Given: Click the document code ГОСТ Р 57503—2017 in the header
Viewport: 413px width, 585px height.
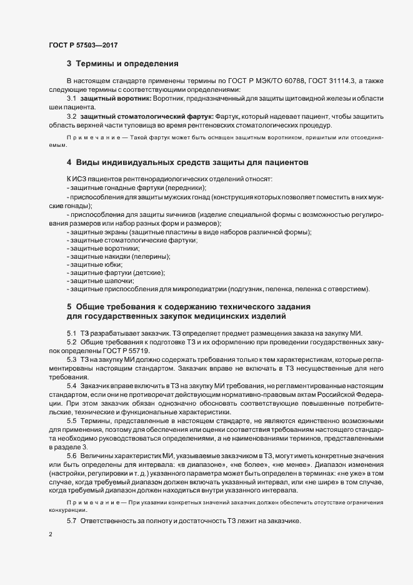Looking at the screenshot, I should (x=84, y=45).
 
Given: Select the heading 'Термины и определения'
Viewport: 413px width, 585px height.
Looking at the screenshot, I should (x=127, y=64).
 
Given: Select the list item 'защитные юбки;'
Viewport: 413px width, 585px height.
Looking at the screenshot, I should (x=92, y=264).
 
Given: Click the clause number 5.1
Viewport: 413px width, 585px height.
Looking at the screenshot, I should (x=71, y=332).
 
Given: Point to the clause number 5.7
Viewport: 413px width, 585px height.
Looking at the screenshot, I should (x=71, y=522).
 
